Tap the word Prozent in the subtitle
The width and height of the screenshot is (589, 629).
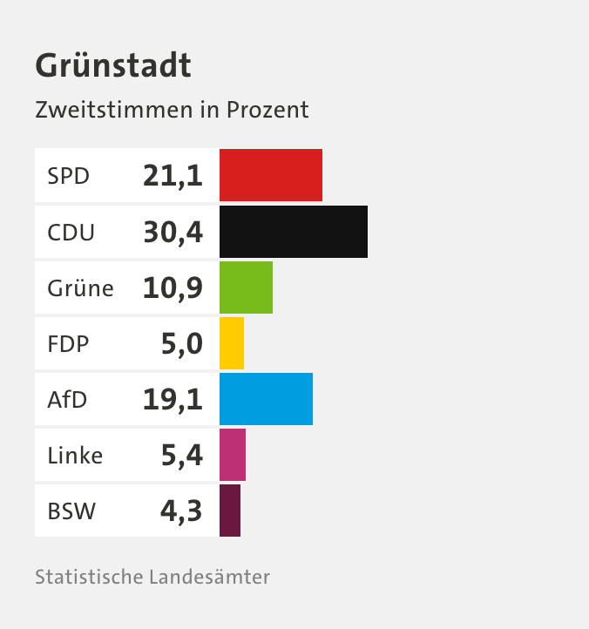267,111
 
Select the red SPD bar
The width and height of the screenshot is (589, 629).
270,176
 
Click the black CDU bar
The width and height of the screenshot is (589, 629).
293,232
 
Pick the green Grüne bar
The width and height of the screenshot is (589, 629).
246,287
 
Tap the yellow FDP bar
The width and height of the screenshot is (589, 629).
232,343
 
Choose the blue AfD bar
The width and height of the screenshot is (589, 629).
266,399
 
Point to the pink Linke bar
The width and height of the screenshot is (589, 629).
233,455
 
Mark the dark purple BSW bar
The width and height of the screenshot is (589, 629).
230,511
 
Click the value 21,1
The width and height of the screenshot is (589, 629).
173,177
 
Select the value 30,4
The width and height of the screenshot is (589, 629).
173,233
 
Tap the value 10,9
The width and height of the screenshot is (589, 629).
173,288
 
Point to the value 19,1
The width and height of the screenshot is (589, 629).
173,400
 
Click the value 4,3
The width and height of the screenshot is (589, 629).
181,511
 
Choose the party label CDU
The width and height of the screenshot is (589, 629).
71,233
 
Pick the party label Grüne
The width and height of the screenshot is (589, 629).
80,288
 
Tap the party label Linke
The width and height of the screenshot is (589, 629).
75,456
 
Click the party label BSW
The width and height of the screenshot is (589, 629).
71,511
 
